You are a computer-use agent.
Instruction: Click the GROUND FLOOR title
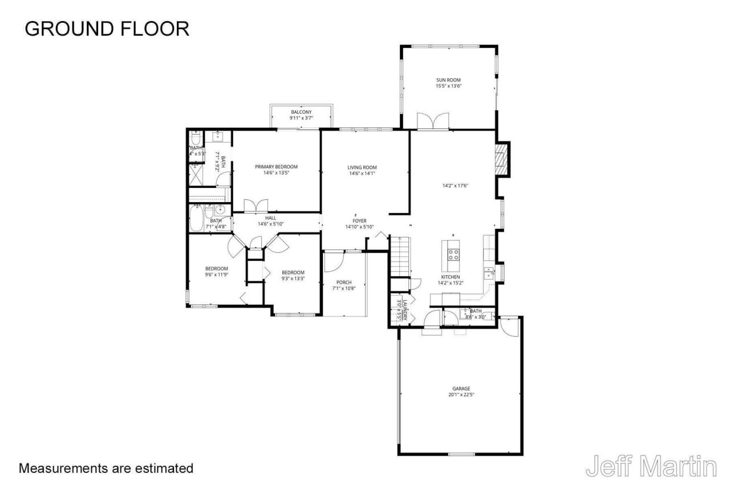107,28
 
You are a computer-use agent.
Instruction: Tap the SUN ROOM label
448,80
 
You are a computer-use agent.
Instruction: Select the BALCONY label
301,112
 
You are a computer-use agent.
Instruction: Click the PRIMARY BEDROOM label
276,167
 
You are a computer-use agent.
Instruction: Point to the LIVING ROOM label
362,167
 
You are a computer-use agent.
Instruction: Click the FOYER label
359,220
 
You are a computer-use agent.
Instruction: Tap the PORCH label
344,282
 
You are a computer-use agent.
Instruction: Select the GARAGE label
461,388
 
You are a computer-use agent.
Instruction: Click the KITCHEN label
450,277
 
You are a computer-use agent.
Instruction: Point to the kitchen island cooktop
454,255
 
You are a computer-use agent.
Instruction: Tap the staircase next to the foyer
400,255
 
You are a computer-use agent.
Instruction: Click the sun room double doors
433,122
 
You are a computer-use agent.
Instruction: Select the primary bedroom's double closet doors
255,206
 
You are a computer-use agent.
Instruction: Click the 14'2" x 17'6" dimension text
456,186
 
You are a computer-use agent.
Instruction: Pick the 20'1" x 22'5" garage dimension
461,395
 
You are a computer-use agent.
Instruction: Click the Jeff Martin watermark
651,466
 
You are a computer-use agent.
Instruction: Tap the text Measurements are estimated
106,469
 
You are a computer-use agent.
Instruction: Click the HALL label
270,218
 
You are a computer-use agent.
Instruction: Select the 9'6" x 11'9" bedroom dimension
217,275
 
